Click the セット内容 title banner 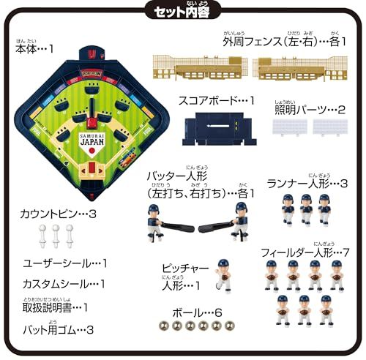[x=182, y=12]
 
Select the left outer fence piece [x=198, y=67]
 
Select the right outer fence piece [x=299, y=67]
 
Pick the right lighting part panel [x=329, y=126]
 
